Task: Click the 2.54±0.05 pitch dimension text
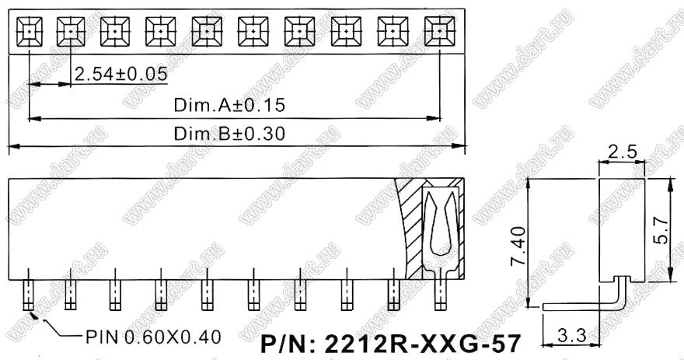coord(120,74)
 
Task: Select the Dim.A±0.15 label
coord(229,105)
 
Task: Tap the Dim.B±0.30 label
coord(229,133)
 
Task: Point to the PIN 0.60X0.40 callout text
coord(154,337)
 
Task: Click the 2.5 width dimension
coord(622,152)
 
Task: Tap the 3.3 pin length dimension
coord(571,336)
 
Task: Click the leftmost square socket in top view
coord(30,31)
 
